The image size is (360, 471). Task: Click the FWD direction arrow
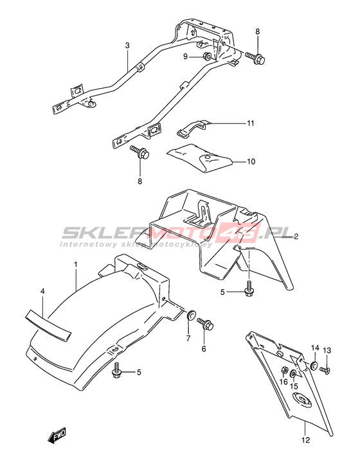[x=57, y=435]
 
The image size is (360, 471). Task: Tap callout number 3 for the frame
[x=127, y=46]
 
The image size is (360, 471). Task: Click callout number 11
[x=250, y=123]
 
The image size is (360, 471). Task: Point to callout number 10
[x=251, y=162]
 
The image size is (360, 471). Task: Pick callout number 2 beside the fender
[x=296, y=236]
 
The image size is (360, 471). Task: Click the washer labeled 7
[x=190, y=315]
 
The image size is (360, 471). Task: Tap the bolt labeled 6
[x=206, y=324]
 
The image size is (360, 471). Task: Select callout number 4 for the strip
[x=42, y=291]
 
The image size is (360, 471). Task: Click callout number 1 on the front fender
[x=76, y=265]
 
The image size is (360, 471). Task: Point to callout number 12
[x=305, y=440]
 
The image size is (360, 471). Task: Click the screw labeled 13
[x=325, y=369]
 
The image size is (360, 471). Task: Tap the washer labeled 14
[x=314, y=365]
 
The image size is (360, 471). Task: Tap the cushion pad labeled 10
[x=201, y=157]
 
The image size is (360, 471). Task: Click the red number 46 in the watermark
[x=241, y=232]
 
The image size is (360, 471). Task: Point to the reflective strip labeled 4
[x=48, y=326]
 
